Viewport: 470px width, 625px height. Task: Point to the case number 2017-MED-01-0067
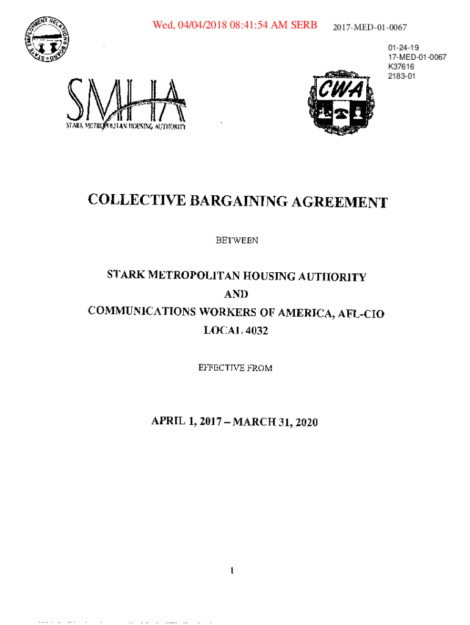369,27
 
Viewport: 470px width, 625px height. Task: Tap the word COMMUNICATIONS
136,311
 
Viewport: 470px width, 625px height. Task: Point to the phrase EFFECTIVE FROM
236,367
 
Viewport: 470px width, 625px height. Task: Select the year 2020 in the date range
304,422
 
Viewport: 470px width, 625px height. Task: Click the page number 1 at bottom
233,571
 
